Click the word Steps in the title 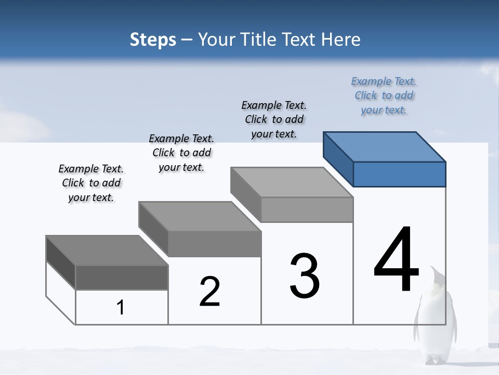click(153, 40)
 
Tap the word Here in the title click(340, 40)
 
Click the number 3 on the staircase click(305, 276)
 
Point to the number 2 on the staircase click(210, 292)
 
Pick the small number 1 click(121, 308)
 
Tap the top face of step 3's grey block click(292, 182)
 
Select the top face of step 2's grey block click(200, 216)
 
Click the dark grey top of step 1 click(107, 250)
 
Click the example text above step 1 click(91, 183)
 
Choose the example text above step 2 click(181, 153)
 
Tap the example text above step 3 click(274, 119)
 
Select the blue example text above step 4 click(384, 95)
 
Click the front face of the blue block click(399, 174)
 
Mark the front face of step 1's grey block click(122, 277)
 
